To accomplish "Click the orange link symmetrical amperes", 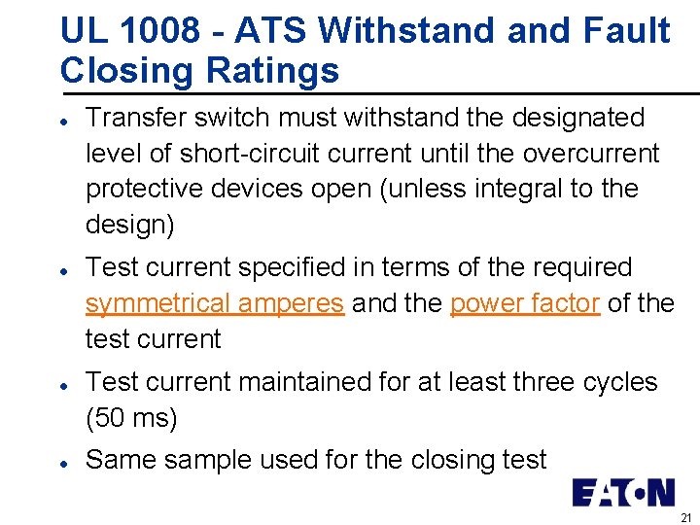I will click(x=214, y=303).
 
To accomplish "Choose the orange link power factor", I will click(x=524, y=303).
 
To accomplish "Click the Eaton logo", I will click(x=622, y=492).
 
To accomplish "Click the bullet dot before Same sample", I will click(x=62, y=460).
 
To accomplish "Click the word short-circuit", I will click(x=261, y=154).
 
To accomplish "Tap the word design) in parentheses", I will click(x=130, y=225).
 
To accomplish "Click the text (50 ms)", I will click(x=131, y=418).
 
